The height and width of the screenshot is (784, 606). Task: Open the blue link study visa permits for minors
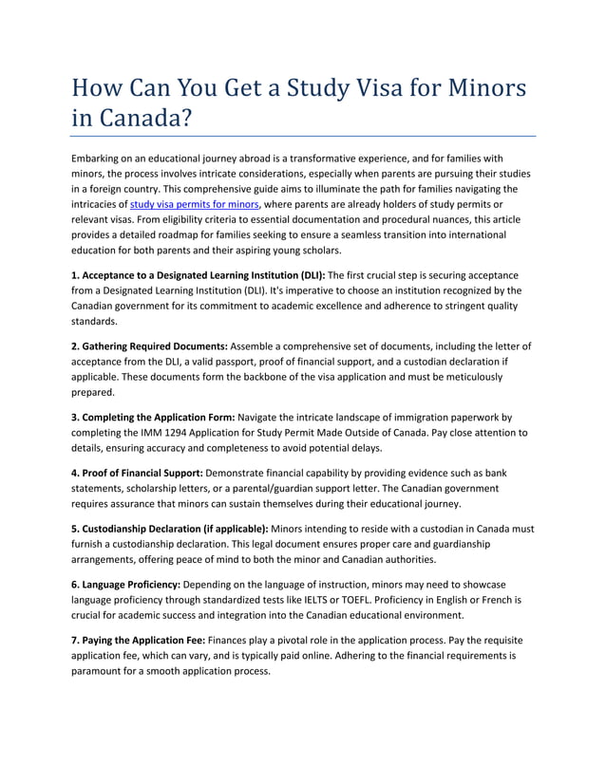tap(194, 203)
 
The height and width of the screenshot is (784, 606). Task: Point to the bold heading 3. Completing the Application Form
tap(153, 417)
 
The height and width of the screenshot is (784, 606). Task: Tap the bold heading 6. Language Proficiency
tap(124, 584)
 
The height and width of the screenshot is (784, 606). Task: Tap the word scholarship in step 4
tap(175, 488)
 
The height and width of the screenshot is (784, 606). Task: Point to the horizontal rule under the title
tap(303, 136)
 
